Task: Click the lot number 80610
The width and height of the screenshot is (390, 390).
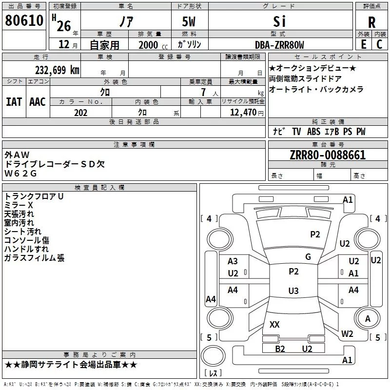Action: tap(24, 20)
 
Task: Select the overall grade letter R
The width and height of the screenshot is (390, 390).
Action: tap(371, 22)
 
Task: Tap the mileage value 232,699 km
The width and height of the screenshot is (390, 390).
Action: tap(57, 70)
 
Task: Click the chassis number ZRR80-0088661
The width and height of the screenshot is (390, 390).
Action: tap(328, 155)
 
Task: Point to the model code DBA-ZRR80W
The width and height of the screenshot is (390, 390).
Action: tap(279, 45)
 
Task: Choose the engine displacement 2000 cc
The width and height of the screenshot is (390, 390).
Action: tap(153, 45)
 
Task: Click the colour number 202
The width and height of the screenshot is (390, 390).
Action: tap(80, 113)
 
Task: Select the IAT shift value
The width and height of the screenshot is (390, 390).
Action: tap(14, 102)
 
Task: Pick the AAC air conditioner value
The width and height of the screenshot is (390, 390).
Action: tap(38, 102)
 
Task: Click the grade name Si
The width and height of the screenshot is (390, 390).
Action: tap(279, 21)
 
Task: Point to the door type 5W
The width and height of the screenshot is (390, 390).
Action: tap(189, 21)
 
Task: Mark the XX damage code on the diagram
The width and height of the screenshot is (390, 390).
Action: tap(274, 324)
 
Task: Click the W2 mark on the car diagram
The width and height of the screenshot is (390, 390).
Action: tap(347, 333)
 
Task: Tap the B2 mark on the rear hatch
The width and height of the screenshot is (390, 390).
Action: tap(280, 349)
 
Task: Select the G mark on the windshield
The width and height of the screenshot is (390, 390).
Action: tap(308, 256)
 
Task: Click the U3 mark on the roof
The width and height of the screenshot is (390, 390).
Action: tap(293, 291)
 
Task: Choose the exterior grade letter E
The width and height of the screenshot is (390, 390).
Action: tap(364, 44)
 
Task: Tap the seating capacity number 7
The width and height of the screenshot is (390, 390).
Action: tap(203, 92)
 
